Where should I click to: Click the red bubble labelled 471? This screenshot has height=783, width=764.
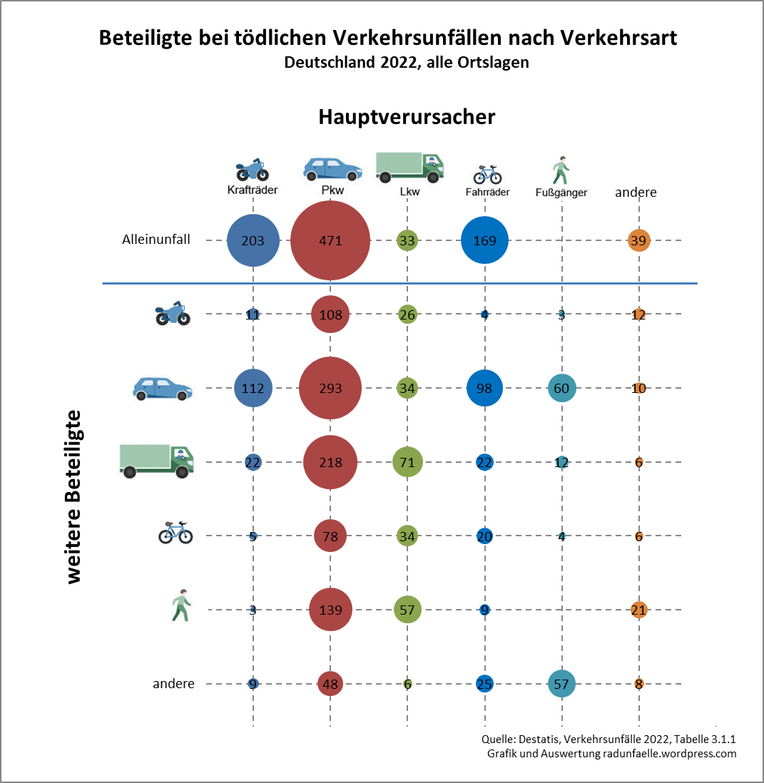coord(330,240)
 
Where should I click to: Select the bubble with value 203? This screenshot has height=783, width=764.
coord(253,240)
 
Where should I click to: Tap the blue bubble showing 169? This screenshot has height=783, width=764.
coord(484,240)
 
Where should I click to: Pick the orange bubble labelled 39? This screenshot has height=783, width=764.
coord(638,240)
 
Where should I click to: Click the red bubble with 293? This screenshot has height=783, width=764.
coord(330,389)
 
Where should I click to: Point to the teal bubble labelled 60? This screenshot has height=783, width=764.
coord(561,389)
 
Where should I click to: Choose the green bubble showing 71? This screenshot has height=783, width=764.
coord(407,462)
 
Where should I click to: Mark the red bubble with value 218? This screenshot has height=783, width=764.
coord(330,462)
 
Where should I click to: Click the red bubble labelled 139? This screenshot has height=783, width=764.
coord(330,610)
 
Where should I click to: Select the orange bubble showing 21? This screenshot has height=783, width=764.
coord(638,610)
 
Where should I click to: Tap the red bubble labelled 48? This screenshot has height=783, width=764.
coord(330,684)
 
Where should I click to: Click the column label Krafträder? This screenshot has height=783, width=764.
coord(252,190)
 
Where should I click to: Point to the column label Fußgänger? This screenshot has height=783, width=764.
coord(561,193)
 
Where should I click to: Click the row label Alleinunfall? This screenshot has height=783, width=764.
coord(156,240)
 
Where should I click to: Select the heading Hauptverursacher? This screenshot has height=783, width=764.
coord(407,117)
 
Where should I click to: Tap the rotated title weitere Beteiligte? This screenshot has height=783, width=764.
coord(74,496)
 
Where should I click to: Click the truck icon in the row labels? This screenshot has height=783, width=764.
coord(156,460)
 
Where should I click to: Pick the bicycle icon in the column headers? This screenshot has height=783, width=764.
coord(487,173)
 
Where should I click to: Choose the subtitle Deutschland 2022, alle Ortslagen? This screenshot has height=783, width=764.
coord(406,62)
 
